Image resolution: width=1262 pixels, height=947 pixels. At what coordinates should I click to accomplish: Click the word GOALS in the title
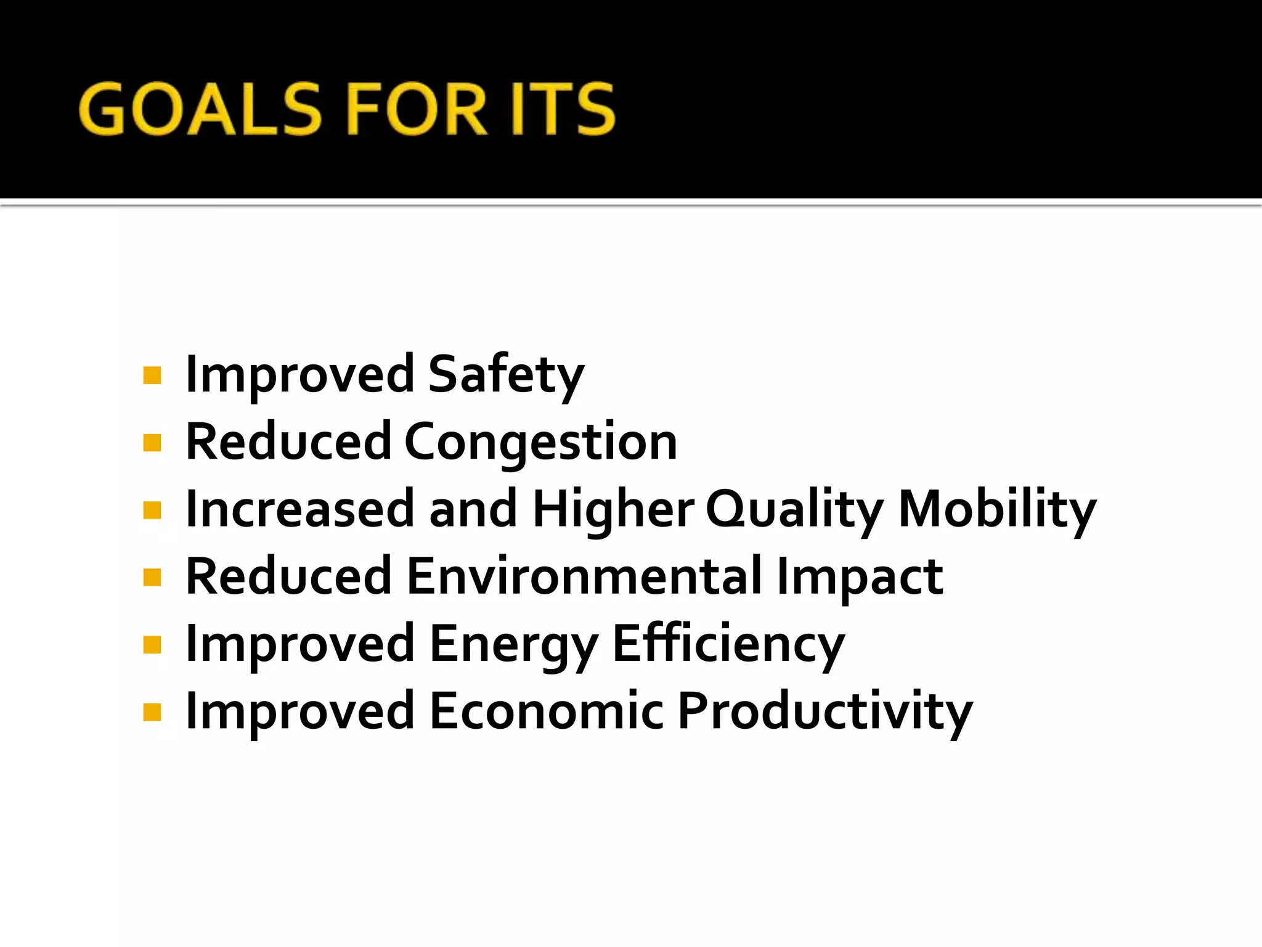pos(201,109)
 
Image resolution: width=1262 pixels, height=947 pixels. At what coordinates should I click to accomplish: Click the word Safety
pos(505,375)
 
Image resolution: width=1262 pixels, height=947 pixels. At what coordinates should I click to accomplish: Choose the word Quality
pos(794,509)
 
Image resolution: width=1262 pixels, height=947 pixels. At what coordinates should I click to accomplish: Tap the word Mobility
pos(996,509)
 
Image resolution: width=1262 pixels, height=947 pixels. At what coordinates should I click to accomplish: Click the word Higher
pos(613,509)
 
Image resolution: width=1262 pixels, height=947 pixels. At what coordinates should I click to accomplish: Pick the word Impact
pos(860,576)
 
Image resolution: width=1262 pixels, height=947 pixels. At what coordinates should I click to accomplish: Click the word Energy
pos(513,644)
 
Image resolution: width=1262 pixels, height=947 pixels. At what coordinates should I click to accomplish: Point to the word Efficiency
pos(728,644)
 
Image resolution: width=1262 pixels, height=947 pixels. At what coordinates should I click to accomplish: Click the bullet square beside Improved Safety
pos(152,375)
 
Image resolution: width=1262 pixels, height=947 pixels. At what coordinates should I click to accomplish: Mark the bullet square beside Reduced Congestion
pos(152,443)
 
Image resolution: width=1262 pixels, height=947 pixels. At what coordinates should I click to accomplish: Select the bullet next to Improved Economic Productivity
pos(152,712)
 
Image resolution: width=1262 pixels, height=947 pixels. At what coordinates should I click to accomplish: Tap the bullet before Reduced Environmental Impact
pos(152,577)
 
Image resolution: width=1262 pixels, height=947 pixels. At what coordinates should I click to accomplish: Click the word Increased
pos(299,509)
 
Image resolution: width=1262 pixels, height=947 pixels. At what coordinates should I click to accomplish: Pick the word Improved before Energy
pos(299,644)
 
